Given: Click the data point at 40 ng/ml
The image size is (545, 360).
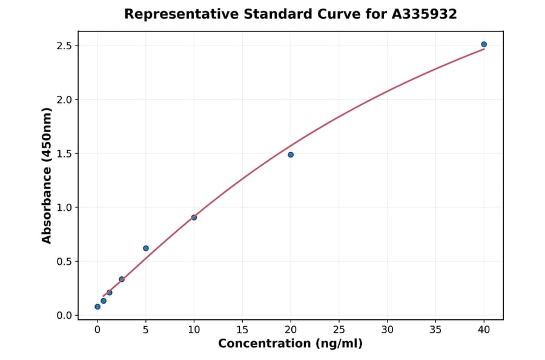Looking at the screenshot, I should pos(484,44).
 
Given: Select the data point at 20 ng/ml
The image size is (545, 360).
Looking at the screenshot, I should pos(291,155).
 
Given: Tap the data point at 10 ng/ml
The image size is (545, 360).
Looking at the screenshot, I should pos(194,218).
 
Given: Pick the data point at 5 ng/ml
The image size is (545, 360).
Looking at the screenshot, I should pos(146,248).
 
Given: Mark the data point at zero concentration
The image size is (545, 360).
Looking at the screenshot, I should pos(97,307).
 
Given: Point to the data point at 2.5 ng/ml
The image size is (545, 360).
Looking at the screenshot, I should pos(122,279).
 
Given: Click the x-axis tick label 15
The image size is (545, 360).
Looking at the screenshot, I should pos(242,330).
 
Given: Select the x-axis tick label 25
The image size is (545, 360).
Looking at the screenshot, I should pos(339,330).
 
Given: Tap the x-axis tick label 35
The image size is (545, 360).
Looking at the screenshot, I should pos(435,330).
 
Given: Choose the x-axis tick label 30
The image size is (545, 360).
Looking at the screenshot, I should pos(388,330).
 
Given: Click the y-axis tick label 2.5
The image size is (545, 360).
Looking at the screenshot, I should pos(64,46).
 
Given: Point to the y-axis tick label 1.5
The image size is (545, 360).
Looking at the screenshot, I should pos(64,154).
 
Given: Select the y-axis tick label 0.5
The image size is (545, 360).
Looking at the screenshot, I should pos(64,262).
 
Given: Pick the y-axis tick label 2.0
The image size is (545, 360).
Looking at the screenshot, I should pos(64,100).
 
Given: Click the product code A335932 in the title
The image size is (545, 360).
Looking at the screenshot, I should pos(424,14).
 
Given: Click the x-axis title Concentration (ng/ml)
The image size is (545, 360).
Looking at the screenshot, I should pos(291,344).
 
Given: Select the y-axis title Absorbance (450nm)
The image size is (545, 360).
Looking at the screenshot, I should pos(47,175).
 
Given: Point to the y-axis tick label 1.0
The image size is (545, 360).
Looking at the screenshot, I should pos(64,208).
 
